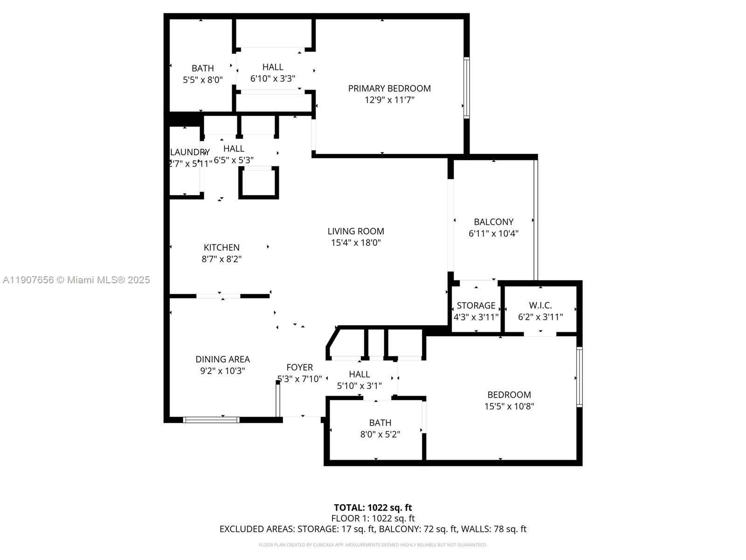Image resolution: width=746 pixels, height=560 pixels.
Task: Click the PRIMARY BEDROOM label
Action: click(x=389, y=88)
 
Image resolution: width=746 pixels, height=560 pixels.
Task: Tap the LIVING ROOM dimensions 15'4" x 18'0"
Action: click(x=356, y=243)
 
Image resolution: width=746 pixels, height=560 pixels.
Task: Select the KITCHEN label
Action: click(x=221, y=247)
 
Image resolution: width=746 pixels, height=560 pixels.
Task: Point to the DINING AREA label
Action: click(x=222, y=359)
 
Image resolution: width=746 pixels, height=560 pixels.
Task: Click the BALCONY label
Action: click(x=493, y=222)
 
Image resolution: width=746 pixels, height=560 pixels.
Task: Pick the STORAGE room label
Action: click(x=476, y=305)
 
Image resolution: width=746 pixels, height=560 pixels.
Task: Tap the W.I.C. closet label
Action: click(x=540, y=305)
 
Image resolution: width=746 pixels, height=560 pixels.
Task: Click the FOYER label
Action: click(x=299, y=367)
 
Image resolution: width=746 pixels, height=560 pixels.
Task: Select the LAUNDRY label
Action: click(x=190, y=152)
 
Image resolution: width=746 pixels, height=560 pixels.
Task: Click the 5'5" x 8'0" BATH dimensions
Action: click(x=202, y=80)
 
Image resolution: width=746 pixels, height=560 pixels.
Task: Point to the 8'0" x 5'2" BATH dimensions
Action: click(x=380, y=434)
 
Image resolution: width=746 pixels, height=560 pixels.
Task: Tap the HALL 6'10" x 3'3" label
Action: click(x=273, y=67)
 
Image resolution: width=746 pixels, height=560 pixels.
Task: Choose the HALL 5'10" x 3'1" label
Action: click(x=359, y=374)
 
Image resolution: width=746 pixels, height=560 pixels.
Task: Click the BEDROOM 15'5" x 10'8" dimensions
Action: click(x=509, y=406)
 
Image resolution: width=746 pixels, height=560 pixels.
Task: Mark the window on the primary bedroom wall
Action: click(x=466, y=87)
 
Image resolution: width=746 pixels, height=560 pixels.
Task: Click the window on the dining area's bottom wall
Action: click(x=211, y=420)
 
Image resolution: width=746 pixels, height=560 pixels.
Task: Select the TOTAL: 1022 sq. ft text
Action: click(x=373, y=507)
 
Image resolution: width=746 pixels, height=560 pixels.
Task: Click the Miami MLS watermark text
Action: click(x=76, y=280)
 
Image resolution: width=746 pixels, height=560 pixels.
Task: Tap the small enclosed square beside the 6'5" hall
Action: click(x=259, y=182)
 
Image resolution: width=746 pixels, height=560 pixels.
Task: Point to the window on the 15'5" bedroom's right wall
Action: click(x=580, y=377)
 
